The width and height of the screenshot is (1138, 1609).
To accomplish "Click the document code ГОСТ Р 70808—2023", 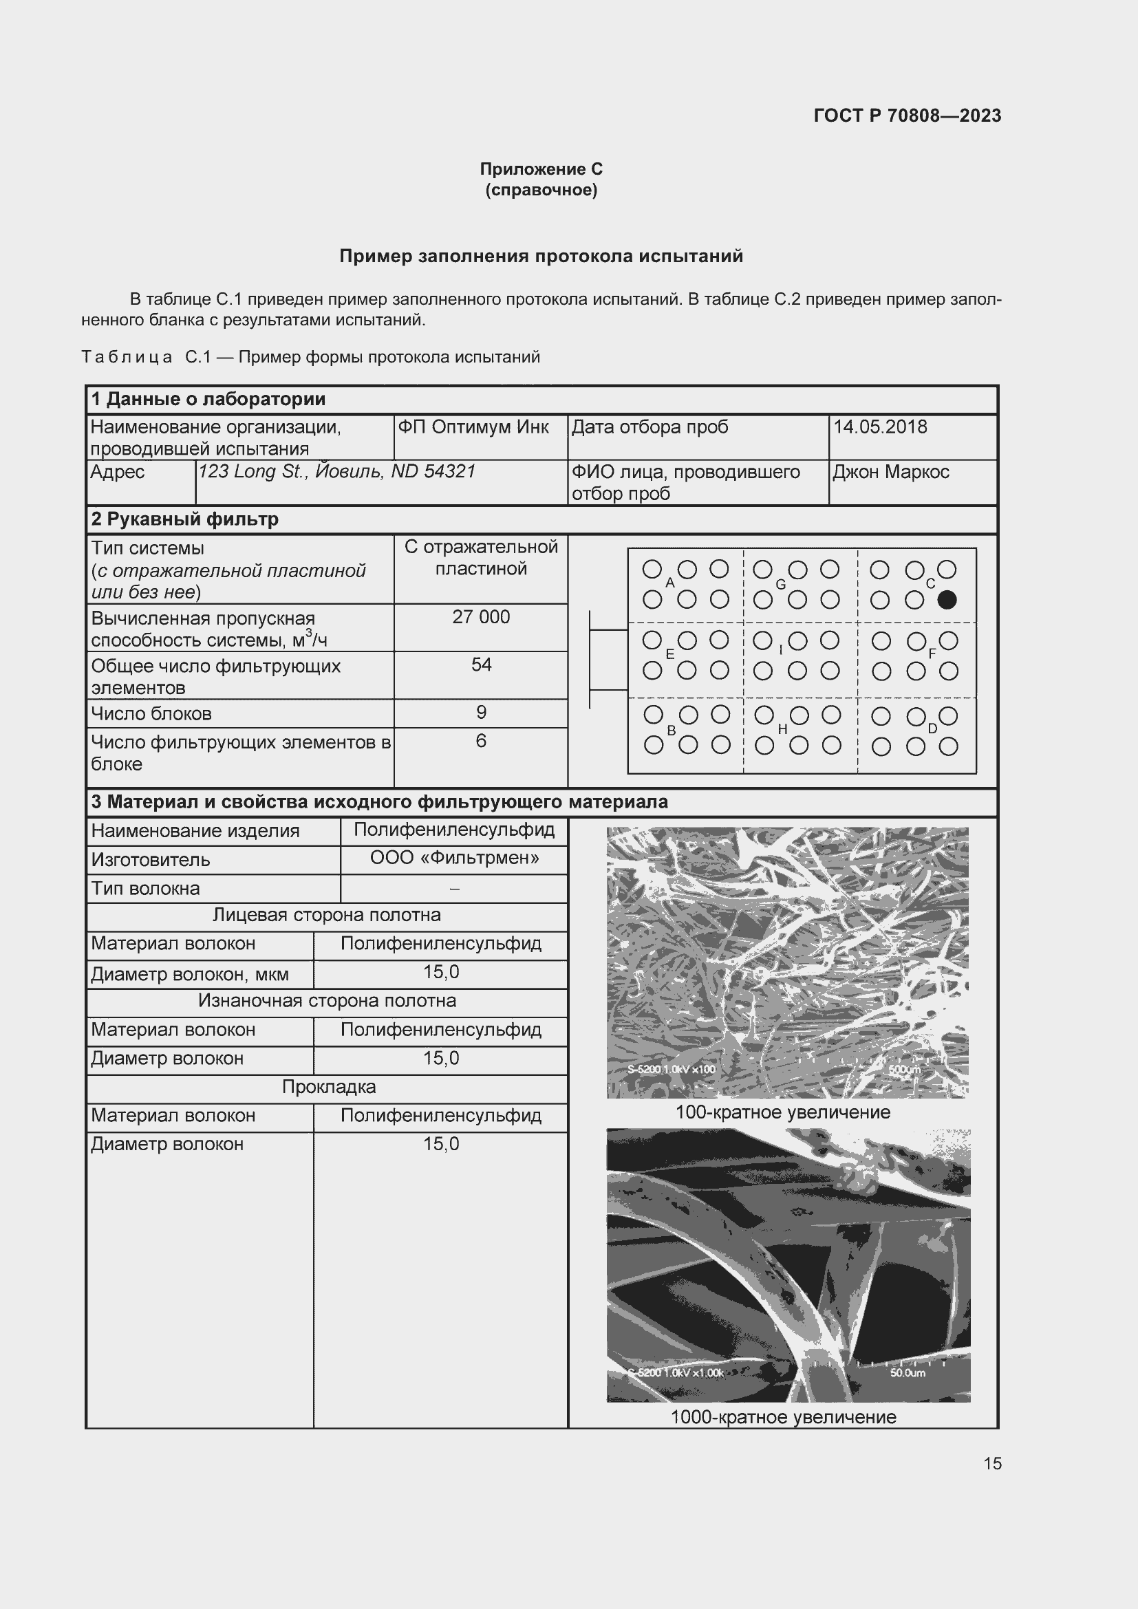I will (907, 116).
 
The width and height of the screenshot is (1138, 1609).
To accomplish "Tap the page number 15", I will (992, 1463).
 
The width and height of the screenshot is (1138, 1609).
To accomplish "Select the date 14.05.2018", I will (879, 426).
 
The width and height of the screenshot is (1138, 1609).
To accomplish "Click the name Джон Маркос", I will (890, 472).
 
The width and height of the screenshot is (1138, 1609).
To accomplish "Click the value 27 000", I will (481, 616).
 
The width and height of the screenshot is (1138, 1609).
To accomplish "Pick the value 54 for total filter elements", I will (481, 665).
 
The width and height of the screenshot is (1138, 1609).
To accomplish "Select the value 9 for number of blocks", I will (481, 712).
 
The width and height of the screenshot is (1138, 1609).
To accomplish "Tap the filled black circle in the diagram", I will (946, 600).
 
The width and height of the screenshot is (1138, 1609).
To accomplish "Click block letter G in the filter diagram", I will (780, 585).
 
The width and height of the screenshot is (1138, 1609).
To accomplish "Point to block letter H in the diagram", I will (782, 729).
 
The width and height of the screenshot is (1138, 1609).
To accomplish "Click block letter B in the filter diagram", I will (671, 731).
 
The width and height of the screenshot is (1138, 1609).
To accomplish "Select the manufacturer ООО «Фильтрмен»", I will (454, 858).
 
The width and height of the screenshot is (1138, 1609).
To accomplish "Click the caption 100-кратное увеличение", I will (782, 1112).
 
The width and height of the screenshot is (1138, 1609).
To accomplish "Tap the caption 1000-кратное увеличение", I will (783, 1417).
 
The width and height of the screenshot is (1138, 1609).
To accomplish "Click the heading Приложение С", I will (541, 169).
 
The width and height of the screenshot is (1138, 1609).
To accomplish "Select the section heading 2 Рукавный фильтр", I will (185, 519).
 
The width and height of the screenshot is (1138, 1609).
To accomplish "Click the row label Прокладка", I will (329, 1087).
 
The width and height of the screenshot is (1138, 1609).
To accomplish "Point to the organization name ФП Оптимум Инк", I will (473, 426).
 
